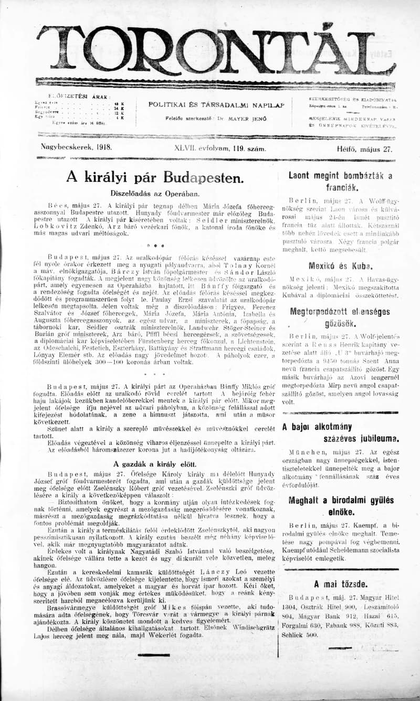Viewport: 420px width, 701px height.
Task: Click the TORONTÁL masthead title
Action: (x=215, y=51)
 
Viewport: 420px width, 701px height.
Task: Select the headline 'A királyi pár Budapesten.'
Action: (x=155, y=177)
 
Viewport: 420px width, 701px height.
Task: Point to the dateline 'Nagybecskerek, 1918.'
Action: (x=76, y=148)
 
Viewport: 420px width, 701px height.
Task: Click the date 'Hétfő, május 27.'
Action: (x=364, y=148)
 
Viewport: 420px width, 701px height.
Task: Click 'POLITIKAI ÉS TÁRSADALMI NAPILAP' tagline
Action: (x=216, y=104)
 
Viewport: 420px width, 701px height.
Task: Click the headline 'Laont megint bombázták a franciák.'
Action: (x=341, y=181)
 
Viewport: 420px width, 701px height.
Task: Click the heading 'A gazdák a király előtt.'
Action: (x=155, y=464)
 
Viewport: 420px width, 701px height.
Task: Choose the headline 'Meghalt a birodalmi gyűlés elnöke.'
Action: (x=341, y=506)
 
